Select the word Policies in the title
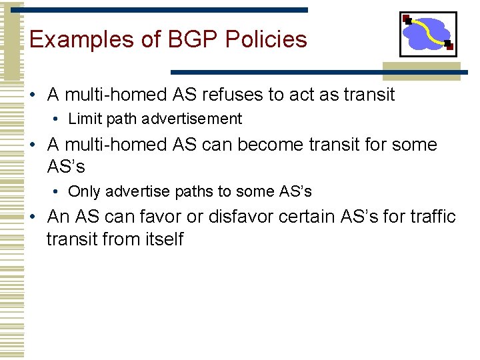[x=266, y=40]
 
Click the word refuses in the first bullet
[x=230, y=95]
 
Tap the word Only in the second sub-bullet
[x=83, y=192]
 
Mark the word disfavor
[x=241, y=217]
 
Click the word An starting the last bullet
[x=57, y=217]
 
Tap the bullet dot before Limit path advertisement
[x=59, y=120]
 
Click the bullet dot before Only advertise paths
[x=59, y=193]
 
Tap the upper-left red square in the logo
[x=406, y=18]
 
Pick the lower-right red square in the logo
[x=449, y=46]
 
